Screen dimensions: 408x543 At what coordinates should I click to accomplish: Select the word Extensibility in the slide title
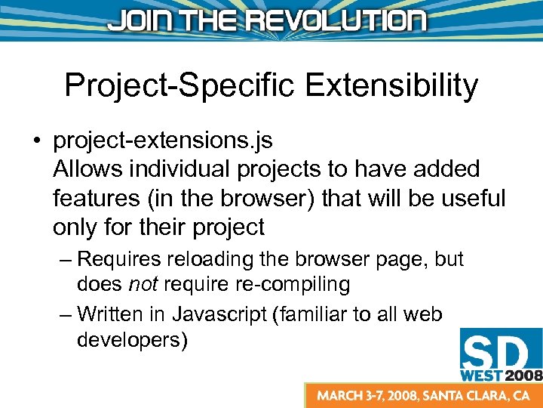(x=392, y=85)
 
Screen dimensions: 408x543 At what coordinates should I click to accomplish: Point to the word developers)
(x=132, y=340)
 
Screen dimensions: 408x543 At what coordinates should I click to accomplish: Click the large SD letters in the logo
(x=499, y=352)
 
